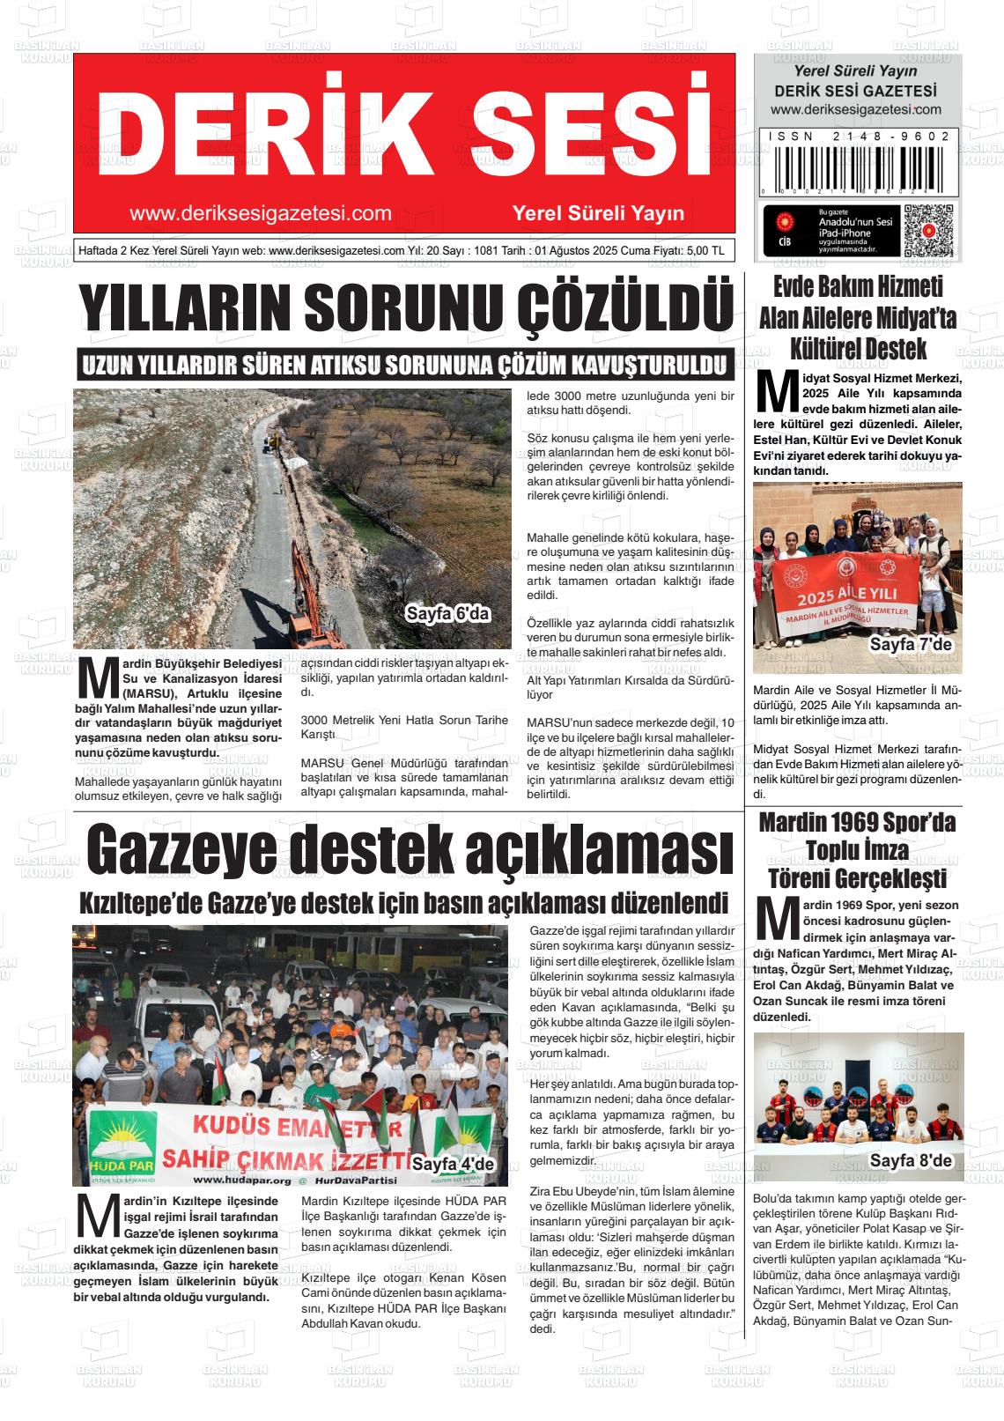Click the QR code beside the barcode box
[x=928, y=231]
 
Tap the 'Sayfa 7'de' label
[x=911, y=645]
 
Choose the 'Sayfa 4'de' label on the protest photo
[x=454, y=1164]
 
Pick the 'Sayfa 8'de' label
[x=911, y=1161]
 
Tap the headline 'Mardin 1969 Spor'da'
[x=857, y=823]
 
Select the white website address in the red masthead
[x=261, y=213]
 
